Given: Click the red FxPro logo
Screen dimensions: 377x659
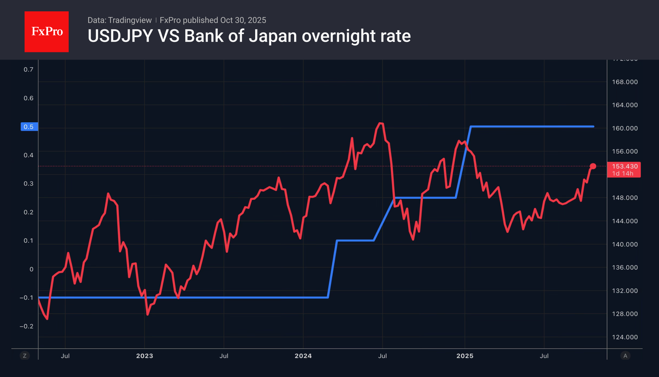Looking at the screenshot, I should (x=47, y=32).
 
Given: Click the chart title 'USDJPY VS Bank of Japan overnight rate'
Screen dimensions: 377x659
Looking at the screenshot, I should (x=249, y=36).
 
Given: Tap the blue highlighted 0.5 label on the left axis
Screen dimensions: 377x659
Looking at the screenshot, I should (x=29, y=127).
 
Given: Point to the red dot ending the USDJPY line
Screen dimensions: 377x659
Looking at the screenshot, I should (x=593, y=166).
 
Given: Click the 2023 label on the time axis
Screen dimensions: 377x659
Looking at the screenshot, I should (x=145, y=356).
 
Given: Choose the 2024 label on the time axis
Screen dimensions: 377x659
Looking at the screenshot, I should (x=303, y=356).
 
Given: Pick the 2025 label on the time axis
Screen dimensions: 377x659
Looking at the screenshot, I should (x=465, y=356).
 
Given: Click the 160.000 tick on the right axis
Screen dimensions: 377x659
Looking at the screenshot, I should (x=625, y=128).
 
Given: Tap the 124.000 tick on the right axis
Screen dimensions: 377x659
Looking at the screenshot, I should (x=625, y=337).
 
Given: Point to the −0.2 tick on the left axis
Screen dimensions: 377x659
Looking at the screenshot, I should (x=26, y=326).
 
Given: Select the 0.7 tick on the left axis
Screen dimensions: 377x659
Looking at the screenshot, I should (x=28, y=69).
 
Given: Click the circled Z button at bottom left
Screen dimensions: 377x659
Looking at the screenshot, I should (x=25, y=356).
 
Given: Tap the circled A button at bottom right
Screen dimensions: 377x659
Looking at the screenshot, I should (x=625, y=356).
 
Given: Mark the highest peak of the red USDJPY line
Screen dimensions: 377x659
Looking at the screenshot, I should (x=381, y=123).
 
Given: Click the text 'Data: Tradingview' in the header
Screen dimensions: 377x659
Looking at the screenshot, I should (x=119, y=20).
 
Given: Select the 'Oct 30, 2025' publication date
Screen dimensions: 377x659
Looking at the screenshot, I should (x=243, y=20).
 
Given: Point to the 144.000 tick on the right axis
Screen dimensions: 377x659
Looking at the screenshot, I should (x=625, y=221).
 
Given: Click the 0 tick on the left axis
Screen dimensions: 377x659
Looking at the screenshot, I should (x=31, y=269).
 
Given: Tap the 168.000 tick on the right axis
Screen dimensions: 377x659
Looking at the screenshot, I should (x=625, y=82).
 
